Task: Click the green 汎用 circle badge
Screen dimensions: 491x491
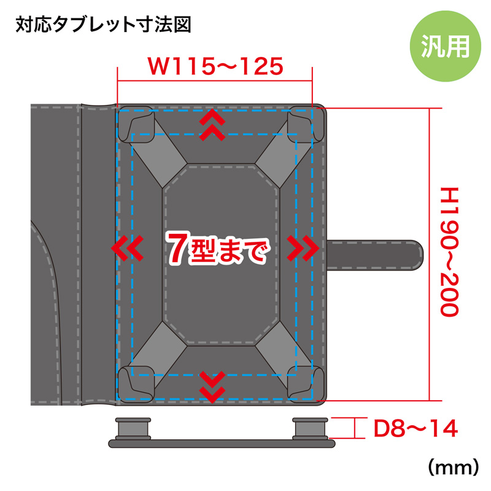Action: [x=445, y=47]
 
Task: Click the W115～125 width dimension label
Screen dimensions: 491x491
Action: [x=215, y=66]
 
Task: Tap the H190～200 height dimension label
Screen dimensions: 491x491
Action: [x=449, y=252]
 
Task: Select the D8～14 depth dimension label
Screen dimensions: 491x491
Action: [x=416, y=428]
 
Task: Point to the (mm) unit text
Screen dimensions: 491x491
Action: [x=453, y=468]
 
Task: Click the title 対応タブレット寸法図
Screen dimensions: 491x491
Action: [x=103, y=25]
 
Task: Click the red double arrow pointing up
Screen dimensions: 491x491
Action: [x=212, y=125]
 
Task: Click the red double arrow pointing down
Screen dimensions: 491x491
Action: [x=212, y=387]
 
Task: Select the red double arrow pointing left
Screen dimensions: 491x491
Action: [x=127, y=249]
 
